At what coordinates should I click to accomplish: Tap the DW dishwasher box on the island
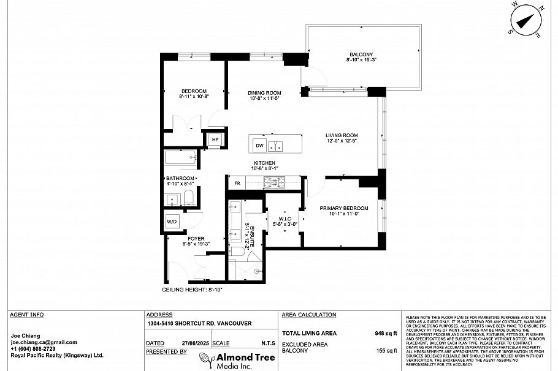pos(259,146)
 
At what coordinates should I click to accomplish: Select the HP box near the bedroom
pos(215,140)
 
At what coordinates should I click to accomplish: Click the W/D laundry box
pos(171,222)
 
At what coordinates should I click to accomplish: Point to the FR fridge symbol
pos(236,183)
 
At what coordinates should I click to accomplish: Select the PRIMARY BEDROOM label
pos(343,208)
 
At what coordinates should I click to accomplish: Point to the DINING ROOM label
pos(264,92)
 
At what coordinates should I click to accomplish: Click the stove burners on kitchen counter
pos(275,182)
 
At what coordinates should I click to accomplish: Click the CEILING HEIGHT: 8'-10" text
pos(191,289)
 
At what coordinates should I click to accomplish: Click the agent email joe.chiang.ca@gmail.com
pos(44,342)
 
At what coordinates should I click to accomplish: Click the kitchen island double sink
pos(277,146)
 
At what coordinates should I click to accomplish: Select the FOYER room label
pos(196,238)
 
